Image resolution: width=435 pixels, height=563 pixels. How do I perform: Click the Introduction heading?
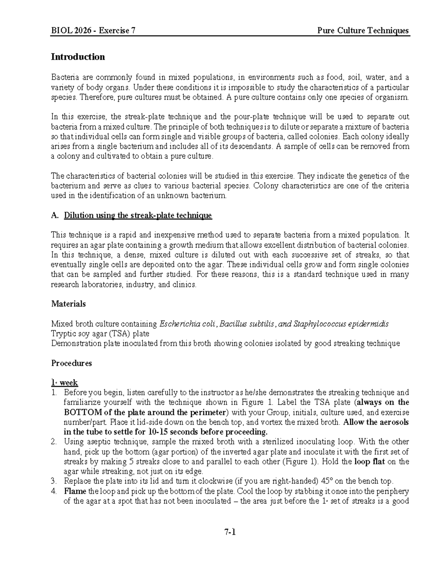coord(78,57)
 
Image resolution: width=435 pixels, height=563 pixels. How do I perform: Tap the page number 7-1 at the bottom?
coord(230,532)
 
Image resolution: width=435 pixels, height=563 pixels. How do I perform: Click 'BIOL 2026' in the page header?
coord(71,30)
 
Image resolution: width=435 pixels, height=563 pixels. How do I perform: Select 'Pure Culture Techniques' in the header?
coord(363,30)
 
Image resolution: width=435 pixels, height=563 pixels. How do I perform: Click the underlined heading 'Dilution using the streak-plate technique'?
coord(138,216)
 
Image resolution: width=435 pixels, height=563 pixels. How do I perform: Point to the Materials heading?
coord(69,304)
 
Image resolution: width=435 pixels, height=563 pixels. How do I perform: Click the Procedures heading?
coord(71,363)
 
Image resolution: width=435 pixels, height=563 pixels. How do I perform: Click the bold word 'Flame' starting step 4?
coord(75,492)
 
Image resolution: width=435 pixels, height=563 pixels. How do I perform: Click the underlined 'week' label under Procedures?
coord(69,383)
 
